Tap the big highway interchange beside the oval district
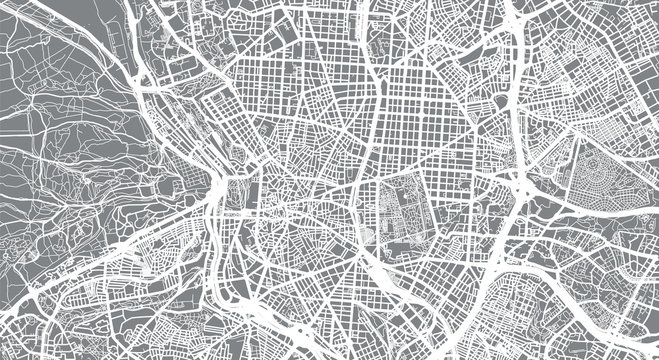point(524,184)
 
